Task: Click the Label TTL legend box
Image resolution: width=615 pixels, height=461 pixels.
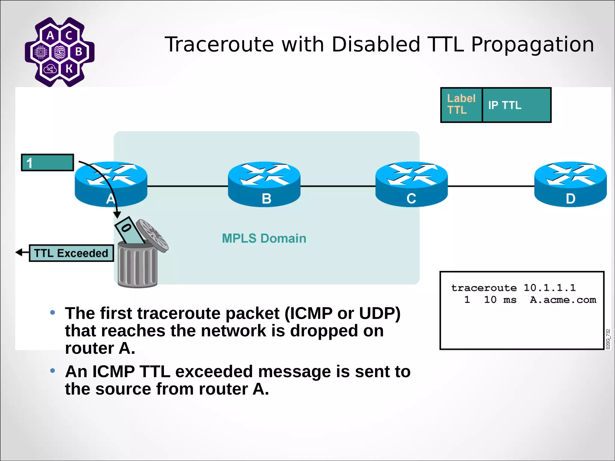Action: pos(461,105)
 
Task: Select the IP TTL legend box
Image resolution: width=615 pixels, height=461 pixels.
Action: pos(517,105)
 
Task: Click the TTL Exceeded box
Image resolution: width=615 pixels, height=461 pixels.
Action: pos(71,253)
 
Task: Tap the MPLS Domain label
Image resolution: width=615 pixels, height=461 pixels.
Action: pos(264,238)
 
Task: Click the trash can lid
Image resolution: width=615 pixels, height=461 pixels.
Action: pos(152,235)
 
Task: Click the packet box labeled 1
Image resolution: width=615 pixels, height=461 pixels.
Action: pos(47,163)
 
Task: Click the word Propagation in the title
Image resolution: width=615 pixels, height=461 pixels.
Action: pos(532,44)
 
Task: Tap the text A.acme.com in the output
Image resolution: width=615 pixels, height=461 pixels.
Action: pos(563,300)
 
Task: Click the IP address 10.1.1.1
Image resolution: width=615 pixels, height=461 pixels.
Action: pos(550,288)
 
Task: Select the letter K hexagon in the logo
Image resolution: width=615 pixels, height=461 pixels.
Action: pos(69,68)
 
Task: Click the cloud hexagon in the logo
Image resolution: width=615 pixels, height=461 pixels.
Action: pos(50,69)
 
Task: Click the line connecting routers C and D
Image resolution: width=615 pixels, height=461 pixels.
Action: pos(491,186)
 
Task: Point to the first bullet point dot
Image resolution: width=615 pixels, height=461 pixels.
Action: pos(53,313)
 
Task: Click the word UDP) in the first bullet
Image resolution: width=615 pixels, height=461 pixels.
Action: pos(380,313)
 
